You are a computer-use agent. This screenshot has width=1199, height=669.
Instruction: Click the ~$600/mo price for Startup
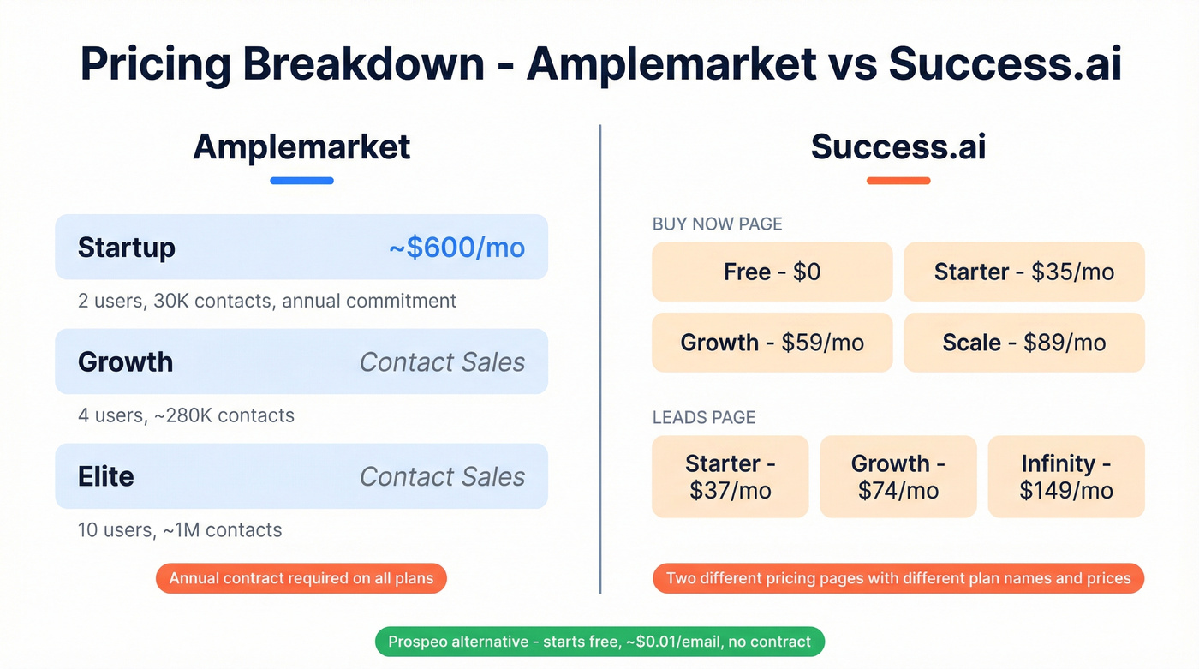click(x=456, y=248)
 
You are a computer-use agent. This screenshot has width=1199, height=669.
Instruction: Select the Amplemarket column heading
click(x=301, y=146)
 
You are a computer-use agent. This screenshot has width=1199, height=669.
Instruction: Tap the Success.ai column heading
click(x=898, y=146)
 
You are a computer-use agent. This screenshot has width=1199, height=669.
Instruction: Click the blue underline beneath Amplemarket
click(x=301, y=181)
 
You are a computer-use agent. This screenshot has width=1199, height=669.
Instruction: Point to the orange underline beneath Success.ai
click(x=898, y=181)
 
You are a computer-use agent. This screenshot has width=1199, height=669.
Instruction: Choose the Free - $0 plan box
click(x=772, y=272)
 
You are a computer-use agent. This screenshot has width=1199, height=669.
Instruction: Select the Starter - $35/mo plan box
click(x=1024, y=272)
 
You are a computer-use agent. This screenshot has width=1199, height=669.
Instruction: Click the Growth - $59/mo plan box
click(x=772, y=343)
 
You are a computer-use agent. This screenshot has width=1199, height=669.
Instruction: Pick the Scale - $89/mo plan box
click(x=1024, y=343)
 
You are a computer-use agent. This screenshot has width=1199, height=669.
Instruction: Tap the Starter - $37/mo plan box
click(x=730, y=477)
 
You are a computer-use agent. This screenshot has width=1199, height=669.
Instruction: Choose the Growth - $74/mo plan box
click(x=898, y=477)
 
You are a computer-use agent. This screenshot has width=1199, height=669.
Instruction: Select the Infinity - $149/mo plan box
click(x=1066, y=477)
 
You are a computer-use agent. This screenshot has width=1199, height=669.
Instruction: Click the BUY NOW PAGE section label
click(x=717, y=224)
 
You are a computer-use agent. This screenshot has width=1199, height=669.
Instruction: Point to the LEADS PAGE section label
click(x=703, y=417)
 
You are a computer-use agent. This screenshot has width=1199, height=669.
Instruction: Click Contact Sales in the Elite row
click(x=442, y=476)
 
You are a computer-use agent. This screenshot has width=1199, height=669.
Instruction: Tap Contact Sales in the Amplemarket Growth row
click(x=442, y=361)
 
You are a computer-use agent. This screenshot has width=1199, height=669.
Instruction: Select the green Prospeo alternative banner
click(x=599, y=642)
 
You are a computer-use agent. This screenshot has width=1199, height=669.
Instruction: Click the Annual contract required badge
click(x=301, y=578)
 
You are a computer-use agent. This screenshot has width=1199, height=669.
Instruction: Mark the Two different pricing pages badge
click(x=898, y=578)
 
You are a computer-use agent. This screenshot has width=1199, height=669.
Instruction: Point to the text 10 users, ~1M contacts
click(x=180, y=530)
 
